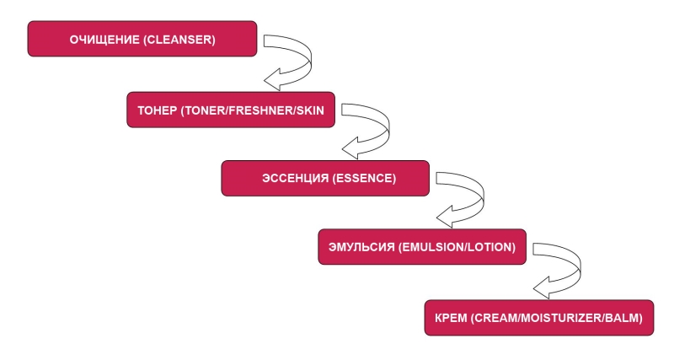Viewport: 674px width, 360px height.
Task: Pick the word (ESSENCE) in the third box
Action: coord(364,180)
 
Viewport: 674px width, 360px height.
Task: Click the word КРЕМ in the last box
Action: coord(451,318)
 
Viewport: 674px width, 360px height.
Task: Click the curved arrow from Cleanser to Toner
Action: coord(299,59)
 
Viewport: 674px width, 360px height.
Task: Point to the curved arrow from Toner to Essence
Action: coord(379,129)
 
